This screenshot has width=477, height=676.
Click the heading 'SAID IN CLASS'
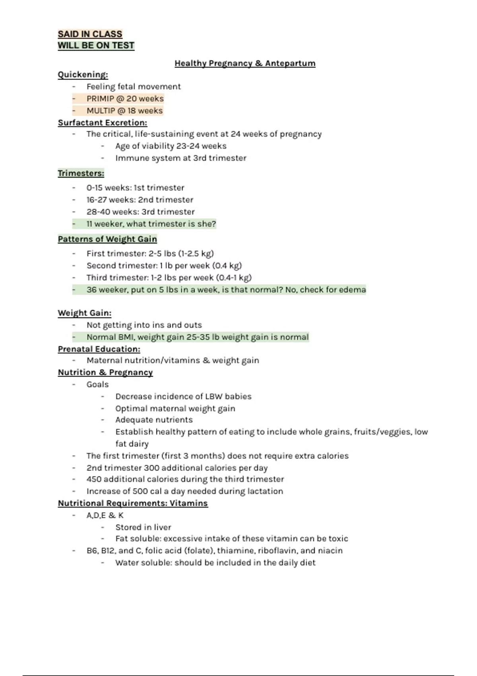90,34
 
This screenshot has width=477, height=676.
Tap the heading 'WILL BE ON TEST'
96,45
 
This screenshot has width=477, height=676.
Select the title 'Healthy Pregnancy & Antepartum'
245,63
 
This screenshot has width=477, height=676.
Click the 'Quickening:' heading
83,75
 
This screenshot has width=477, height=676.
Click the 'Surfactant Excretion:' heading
102,122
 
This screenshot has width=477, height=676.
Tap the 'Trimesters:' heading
81,173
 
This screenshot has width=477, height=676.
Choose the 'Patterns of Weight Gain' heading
107,239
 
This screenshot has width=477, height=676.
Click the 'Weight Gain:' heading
84,313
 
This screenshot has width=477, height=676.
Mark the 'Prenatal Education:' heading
99,349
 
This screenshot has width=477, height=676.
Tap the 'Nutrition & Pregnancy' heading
105,373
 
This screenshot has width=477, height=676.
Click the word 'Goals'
97,385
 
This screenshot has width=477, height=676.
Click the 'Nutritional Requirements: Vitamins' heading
133,503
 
